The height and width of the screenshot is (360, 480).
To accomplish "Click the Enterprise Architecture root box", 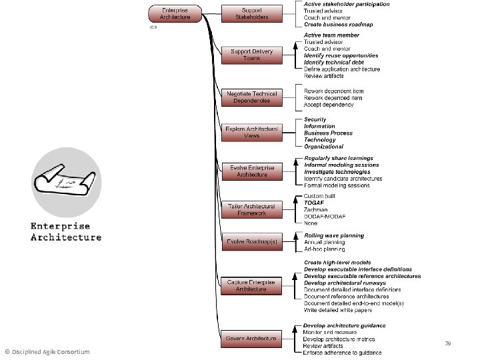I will [175, 13].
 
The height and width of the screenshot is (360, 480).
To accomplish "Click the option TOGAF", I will [315, 202].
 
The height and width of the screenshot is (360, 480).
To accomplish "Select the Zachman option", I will [317, 209].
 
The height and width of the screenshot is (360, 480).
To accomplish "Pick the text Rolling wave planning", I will [334, 235].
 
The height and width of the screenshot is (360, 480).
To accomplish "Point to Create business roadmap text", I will [338, 25].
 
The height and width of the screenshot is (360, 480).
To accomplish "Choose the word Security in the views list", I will [315, 119].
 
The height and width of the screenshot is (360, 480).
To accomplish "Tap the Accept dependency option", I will [328, 105].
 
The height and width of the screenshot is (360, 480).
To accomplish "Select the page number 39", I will [448, 343].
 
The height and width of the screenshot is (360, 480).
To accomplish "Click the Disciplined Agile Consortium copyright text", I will [47, 352].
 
